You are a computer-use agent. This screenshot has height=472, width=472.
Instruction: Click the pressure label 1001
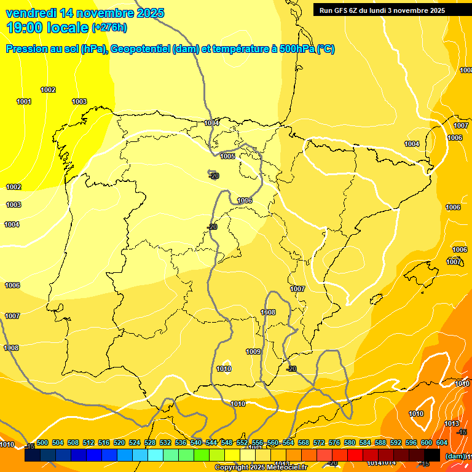point(24,101)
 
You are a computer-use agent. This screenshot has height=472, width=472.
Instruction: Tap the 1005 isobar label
point(227,156)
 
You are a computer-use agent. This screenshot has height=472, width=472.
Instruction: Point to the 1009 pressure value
point(253,352)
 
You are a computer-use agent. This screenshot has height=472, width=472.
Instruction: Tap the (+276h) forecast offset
point(109,28)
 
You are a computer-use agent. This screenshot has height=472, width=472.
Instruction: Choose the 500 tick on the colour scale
point(42,442)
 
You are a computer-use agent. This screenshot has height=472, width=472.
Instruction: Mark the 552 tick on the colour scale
point(242,442)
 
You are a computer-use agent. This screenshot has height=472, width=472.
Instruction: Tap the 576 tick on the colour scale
point(334,442)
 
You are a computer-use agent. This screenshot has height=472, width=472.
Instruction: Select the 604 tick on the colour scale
point(442,442)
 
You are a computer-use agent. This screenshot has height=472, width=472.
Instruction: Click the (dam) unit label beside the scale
point(455,456)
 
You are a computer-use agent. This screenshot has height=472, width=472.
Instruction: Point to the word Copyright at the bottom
point(232,468)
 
